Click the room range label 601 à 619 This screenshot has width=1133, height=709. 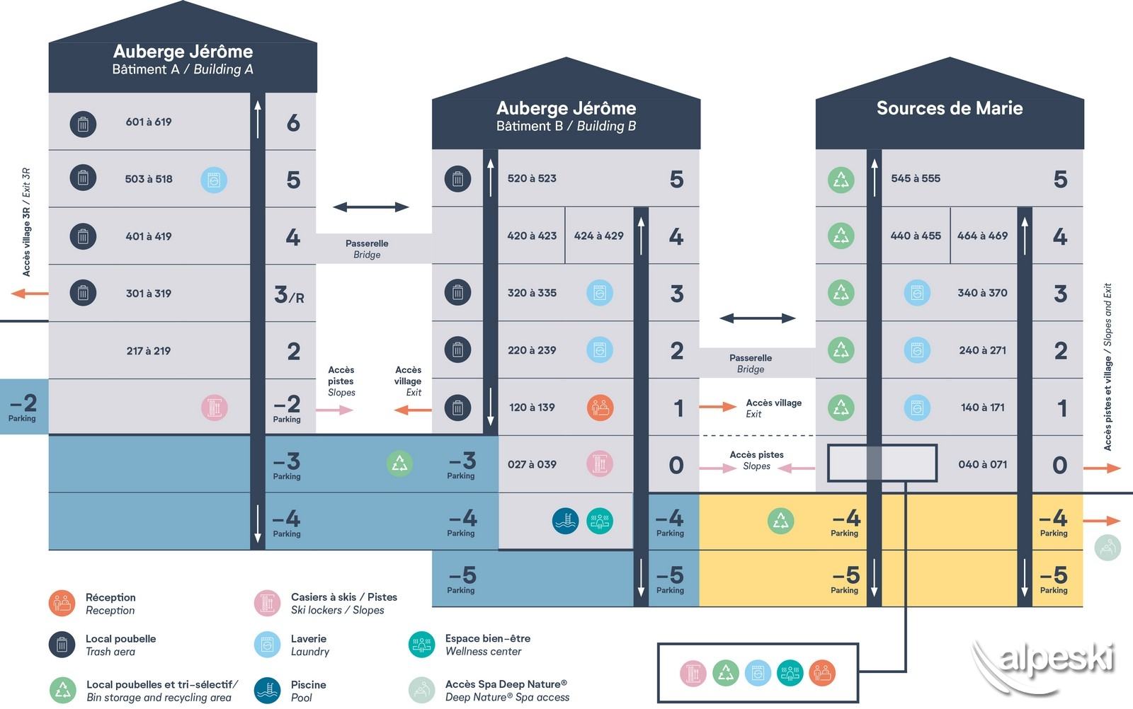tap(149, 122)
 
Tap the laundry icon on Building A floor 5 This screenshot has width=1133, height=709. tap(214, 180)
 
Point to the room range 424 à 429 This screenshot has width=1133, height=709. tap(599, 236)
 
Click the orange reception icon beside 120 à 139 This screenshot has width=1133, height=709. tap(600, 408)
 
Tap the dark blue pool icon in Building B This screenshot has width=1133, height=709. tap(565, 521)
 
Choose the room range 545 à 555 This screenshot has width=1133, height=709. tap(916, 178)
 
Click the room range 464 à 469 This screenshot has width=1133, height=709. tap(982, 236)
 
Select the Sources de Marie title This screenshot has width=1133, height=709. tap(950, 108)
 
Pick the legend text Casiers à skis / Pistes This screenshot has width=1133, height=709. tap(344, 597)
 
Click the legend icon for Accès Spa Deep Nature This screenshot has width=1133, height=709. tap(422, 690)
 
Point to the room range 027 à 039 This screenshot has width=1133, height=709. tap(532, 465)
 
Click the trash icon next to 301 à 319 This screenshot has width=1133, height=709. tap(83, 292)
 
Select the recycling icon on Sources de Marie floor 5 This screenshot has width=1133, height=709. tap(841, 180)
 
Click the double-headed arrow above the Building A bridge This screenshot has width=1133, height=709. tap(371, 207)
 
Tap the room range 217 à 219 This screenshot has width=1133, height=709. tap(149, 351)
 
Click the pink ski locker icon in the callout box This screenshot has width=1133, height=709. tap(693, 673)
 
